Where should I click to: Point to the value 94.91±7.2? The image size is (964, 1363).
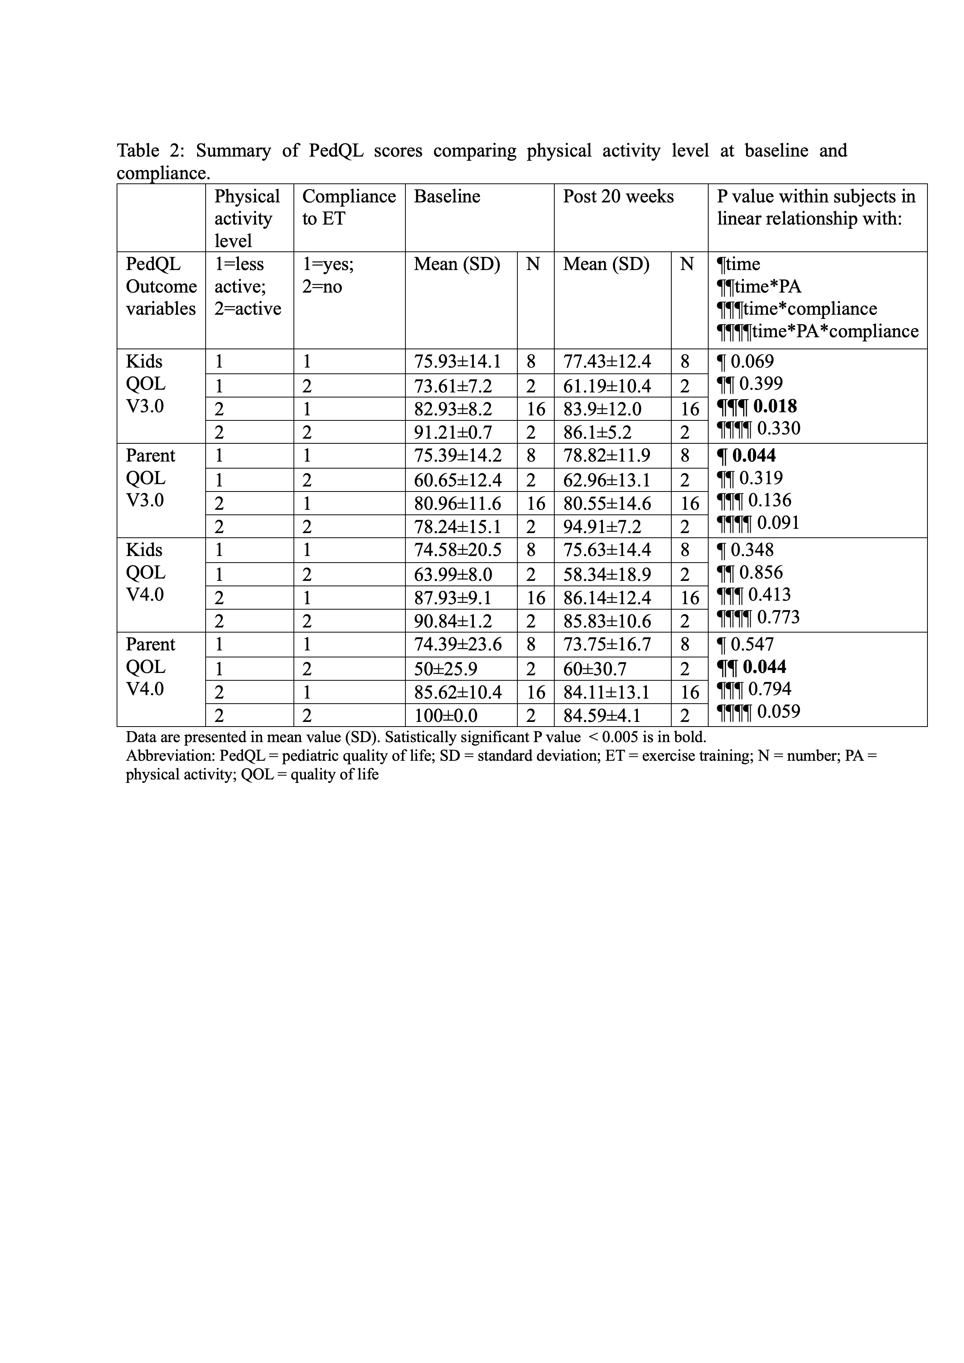(x=602, y=526)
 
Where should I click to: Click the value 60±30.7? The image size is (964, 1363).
(x=595, y=669)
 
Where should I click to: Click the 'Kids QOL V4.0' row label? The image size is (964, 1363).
(x=145, y=572)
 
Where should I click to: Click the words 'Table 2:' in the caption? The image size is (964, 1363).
(x=151, y=151)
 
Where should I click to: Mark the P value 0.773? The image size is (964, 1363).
(x=778, y=617)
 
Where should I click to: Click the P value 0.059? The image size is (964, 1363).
(x=779, y=711)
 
